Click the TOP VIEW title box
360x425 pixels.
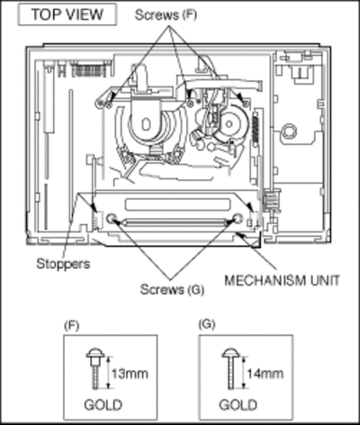pyautogui.click(x=67, y=14)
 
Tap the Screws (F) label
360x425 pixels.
pyautogui.click(x=166, y=14)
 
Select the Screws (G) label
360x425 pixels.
pyautogui.click(x=172, y=289)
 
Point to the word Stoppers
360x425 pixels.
pyautogui.click(x=63, y=264)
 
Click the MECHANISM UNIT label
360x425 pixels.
pyautogui.click(x=282, y=280)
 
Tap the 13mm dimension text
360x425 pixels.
pyautogui.click(x=130, y=374)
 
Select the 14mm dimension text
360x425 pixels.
pyautogui.click(x=265, y=374)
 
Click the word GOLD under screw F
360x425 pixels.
pyautogui.click(x=103, y=405)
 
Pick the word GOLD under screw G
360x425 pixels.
pyautogui.click(x=238, y=405)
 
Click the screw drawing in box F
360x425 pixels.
pyautogui.click(x=95, y=369)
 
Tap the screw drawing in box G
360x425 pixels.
pyautogui.click(x=230, y=369)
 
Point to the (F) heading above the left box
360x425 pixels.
pyautogui.click(x=72, y=325)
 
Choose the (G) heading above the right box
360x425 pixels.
pyautogui.click(x=207, y=324)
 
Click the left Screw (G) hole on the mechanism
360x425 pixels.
pyautogui.click(x=112, y=218)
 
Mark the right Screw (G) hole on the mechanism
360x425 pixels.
pyautogui.click(x=238, y=218)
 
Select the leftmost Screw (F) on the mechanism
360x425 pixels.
pyautogui.click(x=107, y=104)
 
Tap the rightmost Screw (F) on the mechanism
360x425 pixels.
pyautogui.click(x=246, y=104)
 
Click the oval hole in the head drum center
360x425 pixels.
pyautogui.click(x=146, y=124)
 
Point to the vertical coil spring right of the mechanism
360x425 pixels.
pyautogui.click(x=256, y=127)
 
